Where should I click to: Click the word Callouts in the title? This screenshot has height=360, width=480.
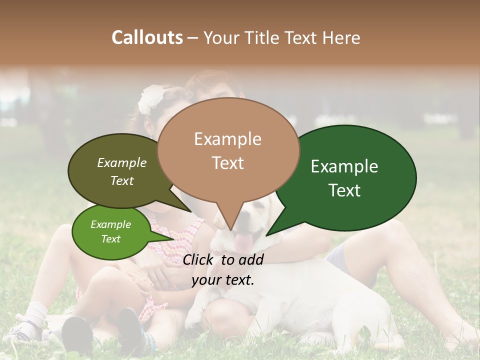click(147, 37)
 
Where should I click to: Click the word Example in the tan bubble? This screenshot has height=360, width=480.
click(227, 139)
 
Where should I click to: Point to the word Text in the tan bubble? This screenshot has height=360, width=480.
click(227, 163)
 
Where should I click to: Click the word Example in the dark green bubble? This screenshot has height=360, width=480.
click(344, 166)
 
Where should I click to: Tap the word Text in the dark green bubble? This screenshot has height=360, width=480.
click(344, 190)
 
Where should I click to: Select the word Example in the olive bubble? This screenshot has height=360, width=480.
click(122, 162)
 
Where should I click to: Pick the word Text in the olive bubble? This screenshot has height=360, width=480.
click(122, 180)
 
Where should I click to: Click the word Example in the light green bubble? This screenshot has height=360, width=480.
click(111, 224)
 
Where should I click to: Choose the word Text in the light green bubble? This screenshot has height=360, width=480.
click(111, 239)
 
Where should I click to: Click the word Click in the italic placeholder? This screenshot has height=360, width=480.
click(198, 259)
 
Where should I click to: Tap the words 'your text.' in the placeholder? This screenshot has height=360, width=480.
click(223, 280)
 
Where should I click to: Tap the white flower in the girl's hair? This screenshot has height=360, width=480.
click(151, 98)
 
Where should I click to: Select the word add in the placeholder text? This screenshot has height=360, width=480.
click(250, 259)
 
